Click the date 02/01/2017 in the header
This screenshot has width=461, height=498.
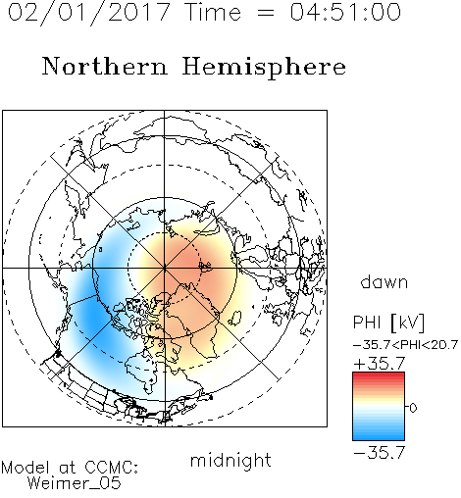coord(88,13)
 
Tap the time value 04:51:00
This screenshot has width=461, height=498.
coord(345,12)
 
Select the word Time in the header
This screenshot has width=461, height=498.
coord(213,12)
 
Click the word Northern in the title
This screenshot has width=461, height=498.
coord(105,66)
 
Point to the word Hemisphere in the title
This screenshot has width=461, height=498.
coord(264,68)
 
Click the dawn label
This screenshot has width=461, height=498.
coord(384,281)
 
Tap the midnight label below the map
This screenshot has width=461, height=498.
coord(230,461)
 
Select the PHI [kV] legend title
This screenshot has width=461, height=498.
coord(388,323)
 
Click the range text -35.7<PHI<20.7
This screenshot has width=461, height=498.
coord(405,345)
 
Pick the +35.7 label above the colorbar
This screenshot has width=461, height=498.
coord(380,363)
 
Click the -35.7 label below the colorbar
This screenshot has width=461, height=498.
coord(380,453)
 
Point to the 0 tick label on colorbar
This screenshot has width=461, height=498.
coord(413,408)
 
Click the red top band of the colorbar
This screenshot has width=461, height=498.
coord(379,376)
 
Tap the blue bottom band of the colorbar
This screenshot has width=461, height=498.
coord(379,436)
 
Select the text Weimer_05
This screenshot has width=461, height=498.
coord(75,483)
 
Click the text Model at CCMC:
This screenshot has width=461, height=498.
coord(70,468)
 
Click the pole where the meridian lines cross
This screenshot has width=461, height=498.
coord(165,268)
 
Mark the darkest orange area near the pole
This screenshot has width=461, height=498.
coord(189,262)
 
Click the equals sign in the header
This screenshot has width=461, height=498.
coord(266,13)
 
